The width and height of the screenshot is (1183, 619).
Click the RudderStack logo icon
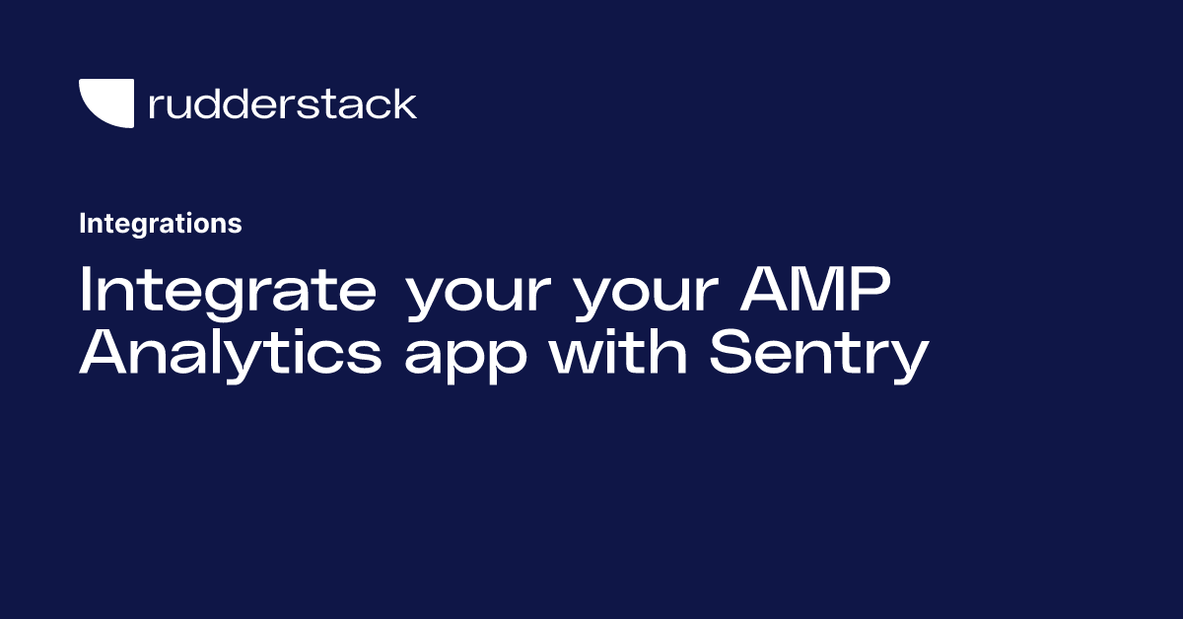[105, 103]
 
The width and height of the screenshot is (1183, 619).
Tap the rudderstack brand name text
[282, 103]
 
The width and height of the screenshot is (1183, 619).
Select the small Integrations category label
[160, 224]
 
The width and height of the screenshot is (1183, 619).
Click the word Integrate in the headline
[228, 291]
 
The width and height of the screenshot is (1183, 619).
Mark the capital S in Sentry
[731, 354]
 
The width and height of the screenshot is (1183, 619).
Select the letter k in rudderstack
[405, 103]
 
